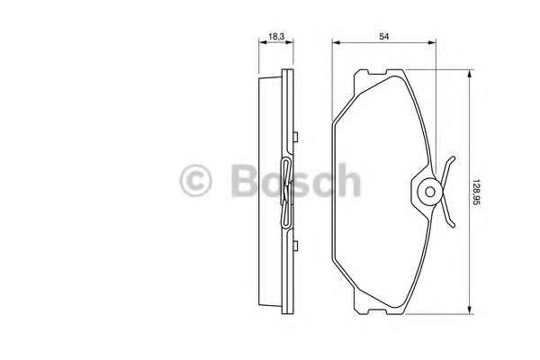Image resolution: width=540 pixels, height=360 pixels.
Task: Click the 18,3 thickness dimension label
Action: [x=276, y=36]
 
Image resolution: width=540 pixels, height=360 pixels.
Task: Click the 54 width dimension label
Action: [x=384, y=36]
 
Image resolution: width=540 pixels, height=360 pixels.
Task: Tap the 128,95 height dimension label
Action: [x=476, y=193]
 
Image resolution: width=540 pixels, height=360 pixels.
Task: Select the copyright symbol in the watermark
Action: [x=195, y=180]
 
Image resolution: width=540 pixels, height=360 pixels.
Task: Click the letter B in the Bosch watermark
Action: [x=245, y=180]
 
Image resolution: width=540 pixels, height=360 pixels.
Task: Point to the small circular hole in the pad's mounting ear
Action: [x=430, y=192]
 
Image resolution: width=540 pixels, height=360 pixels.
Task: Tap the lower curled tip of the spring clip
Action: [x=453, y=224]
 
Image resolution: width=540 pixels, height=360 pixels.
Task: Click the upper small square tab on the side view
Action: [x=295, y=137]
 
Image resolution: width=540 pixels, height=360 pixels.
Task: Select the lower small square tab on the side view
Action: [x=295, y=246]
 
